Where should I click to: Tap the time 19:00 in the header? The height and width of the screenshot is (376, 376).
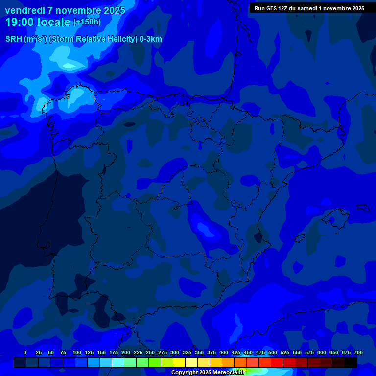(x=20, y=22)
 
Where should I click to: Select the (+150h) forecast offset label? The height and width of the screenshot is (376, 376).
(x=87, y=22)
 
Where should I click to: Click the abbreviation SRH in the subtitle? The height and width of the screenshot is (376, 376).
(x=13, y=39)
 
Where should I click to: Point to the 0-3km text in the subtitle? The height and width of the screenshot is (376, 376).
(x=150, y=39)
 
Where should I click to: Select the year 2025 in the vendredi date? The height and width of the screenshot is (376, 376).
(x=114, y=10)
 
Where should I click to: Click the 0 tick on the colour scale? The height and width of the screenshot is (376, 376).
(x=25, y=352)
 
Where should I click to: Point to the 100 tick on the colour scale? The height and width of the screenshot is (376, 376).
(x=77, y=352)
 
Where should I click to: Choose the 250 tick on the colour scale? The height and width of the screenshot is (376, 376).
(x=150, y=352)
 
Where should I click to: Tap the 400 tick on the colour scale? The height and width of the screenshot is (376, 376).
(x=224, y=352)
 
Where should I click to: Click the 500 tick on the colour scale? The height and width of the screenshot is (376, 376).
(x=273, y=352)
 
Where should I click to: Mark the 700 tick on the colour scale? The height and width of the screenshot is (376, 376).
(x=358, y=352)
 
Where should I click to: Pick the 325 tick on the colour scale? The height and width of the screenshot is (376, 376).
(x=187, y=352)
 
